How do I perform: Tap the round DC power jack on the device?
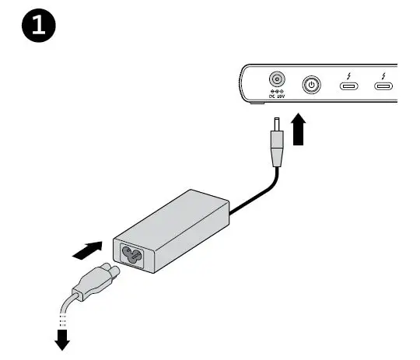[x=275, y=80]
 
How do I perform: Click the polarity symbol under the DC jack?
[x=275, y=92]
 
